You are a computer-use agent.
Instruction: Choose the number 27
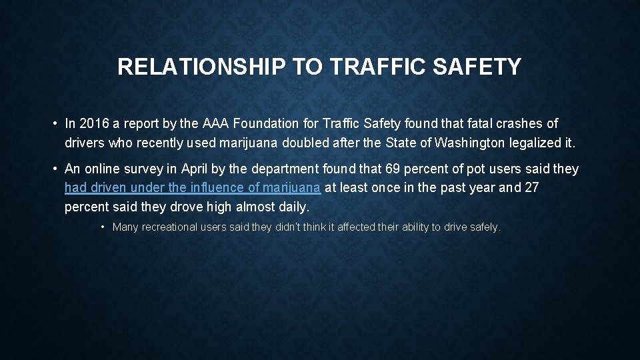coord(531,188)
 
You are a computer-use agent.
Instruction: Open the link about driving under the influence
coord(192,188)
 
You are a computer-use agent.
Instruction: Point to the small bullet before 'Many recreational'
coord(103,227)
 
